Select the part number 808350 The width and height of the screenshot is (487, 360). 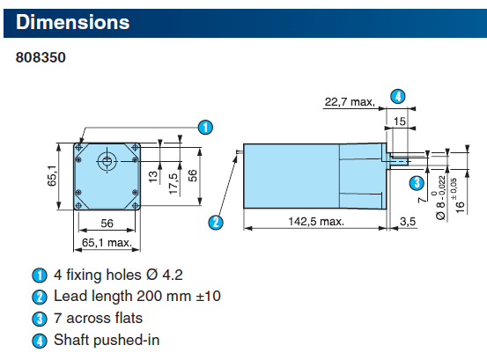41,58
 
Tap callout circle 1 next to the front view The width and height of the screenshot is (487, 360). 205,127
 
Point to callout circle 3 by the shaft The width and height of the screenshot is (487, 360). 417,183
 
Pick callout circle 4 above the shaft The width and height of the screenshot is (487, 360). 398,96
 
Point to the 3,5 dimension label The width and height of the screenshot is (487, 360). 408,220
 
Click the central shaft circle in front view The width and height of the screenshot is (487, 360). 107,160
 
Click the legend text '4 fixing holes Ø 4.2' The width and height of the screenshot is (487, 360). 118,275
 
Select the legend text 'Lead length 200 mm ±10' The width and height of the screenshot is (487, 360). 137,297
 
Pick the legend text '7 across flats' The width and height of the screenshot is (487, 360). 98,318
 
